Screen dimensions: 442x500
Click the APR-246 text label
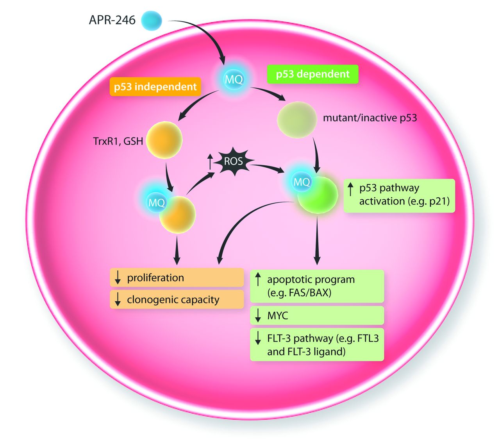pos(112,20)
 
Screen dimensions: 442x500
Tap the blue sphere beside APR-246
pos(151,20)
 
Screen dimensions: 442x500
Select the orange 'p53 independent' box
pos(155,87)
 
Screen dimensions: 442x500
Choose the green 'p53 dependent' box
pos(312,74)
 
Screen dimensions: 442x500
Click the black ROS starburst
pos(233,161)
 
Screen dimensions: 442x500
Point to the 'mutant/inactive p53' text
pos(370,118)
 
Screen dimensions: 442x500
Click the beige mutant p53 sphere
pos(297,120)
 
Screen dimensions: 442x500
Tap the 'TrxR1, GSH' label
pos(118,141)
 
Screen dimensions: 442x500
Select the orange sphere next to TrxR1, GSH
pos(164,140)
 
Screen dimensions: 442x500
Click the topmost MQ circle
pos(234,79)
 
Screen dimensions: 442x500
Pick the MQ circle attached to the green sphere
pos(302,182)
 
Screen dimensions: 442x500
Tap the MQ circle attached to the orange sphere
pos(157,202)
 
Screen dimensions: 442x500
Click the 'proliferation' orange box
pos(177,278)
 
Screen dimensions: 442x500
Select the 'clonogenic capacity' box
pos(177,300)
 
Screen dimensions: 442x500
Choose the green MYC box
pos(317,316)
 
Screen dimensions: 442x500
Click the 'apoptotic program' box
pos(317,286)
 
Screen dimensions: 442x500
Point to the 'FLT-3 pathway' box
pos(317,345)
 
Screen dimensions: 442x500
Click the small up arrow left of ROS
pos(210,161)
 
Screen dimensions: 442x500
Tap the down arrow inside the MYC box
pos(258,316)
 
